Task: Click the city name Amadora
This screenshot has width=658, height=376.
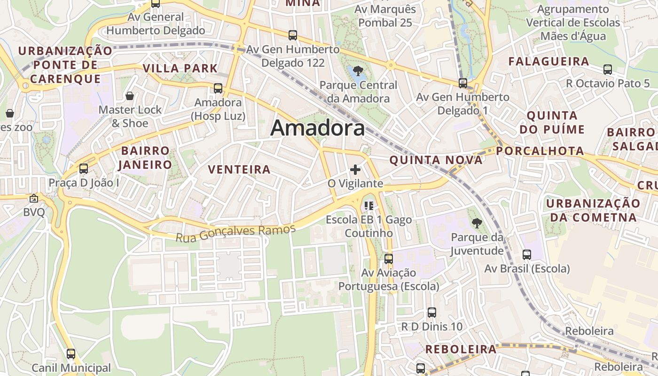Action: (x=317, y=128)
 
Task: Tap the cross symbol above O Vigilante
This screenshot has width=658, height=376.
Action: (x=355, y=170)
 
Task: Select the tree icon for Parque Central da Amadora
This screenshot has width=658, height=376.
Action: (x=358, y=71)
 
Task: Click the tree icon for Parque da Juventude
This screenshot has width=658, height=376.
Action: (x=477, y=223)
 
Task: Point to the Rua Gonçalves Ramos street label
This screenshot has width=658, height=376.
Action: (x=235, y=233)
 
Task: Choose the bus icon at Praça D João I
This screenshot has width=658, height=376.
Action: (x=84, y=168)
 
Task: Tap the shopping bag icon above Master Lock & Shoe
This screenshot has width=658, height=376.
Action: (x=130, y=96)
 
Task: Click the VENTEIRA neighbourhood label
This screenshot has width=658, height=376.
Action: (x=239, y=170)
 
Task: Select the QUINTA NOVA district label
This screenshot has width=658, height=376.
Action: (x=436, y=160)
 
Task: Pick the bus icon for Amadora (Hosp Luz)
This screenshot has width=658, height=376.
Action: (x=218, y=88)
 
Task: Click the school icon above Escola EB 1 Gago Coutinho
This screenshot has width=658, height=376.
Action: (x=369, y=205)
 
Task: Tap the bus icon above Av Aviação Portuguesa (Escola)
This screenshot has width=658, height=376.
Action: (x=389, y=258)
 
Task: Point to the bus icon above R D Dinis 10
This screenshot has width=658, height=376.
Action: (x=432, y=312)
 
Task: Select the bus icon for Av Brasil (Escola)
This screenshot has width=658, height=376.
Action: (x=527, y=255)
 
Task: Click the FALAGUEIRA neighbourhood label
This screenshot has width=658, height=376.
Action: (x=548, y=62)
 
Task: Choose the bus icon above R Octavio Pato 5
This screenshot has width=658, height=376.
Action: (x=608, y=70)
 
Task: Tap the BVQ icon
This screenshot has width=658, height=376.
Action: (x=34, y=198)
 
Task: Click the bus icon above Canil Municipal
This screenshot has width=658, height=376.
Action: (x=71, y=353)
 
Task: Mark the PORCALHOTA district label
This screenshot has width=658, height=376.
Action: (x=540, y=151)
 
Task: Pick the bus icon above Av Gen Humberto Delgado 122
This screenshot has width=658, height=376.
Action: (x=293, y=35)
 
